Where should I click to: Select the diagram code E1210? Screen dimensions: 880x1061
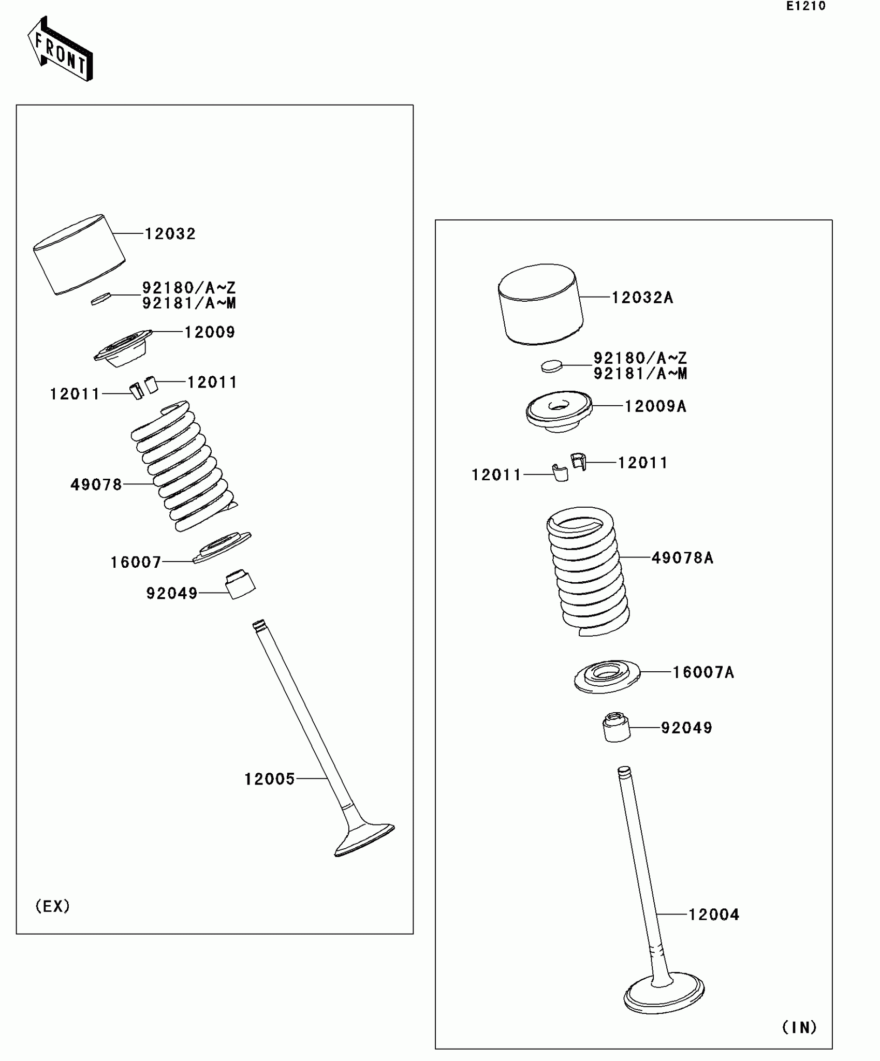coord(805,7)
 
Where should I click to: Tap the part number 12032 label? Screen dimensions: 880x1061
coord(170,234)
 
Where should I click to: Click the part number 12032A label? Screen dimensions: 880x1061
coord(642,298)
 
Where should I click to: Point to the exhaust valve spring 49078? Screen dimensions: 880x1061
coord(184,466)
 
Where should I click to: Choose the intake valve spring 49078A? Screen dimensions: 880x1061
coord(588,572)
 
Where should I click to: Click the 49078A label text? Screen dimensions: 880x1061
coord(682,558)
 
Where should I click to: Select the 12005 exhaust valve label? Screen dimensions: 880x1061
coord(269,779)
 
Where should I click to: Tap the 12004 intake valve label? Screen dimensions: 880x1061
coord(713,915)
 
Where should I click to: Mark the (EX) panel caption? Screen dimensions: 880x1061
coord(52,906)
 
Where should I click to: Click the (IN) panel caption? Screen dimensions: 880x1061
coord(799,1027)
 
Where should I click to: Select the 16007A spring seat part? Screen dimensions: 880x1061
coord(607,676)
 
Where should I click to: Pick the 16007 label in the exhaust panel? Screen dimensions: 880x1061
coord(136,562)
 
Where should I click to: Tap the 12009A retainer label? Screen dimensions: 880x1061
coord(655,406)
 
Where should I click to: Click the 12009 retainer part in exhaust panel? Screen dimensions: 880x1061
coord(123,348)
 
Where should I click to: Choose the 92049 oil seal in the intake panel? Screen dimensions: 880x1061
coord(616,727)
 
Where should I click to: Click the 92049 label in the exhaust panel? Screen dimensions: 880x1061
coord(172,593)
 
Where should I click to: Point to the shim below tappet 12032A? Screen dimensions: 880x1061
coord(551,366)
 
